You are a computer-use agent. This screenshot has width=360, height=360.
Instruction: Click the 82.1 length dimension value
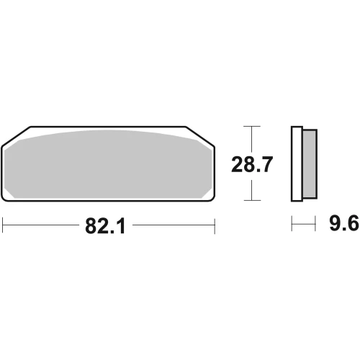point(105,226)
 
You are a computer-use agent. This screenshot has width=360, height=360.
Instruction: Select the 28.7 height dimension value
point(252,164)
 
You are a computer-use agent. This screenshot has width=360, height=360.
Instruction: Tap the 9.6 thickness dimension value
point(344,223)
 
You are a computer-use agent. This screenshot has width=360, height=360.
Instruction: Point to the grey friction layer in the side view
point(310,163)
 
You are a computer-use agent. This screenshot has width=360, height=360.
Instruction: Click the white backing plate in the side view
point(297,163)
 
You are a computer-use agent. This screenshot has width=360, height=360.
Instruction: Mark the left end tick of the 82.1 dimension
point(2,225)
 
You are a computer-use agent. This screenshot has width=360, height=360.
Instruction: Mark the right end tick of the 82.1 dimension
point(215,226)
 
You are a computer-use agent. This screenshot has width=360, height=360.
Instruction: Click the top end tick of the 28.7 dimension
point(251,126)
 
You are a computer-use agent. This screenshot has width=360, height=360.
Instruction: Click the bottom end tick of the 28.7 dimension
point(252,200)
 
